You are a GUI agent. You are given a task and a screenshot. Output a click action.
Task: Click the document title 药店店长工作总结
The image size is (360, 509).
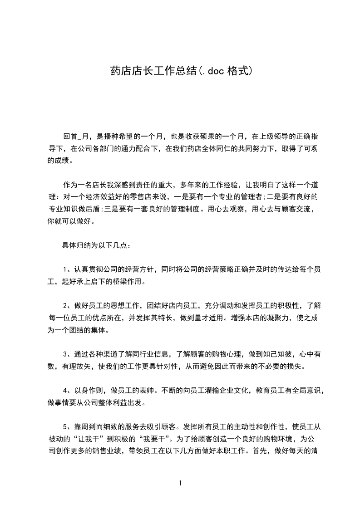coord(153,71)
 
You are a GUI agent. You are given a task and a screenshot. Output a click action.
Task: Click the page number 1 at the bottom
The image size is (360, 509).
coord(180,483)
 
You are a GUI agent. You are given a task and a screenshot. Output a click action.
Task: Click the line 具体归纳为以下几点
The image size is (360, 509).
coord(97,246)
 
